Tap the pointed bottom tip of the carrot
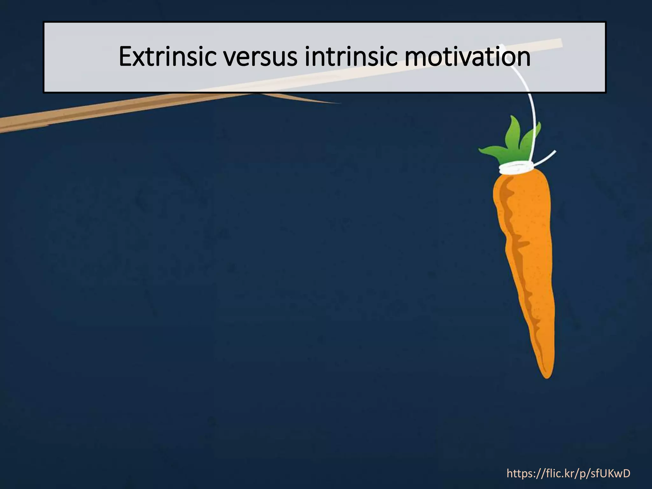pos(547,376)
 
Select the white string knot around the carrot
pos(516,168)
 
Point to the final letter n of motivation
pos(524,59)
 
